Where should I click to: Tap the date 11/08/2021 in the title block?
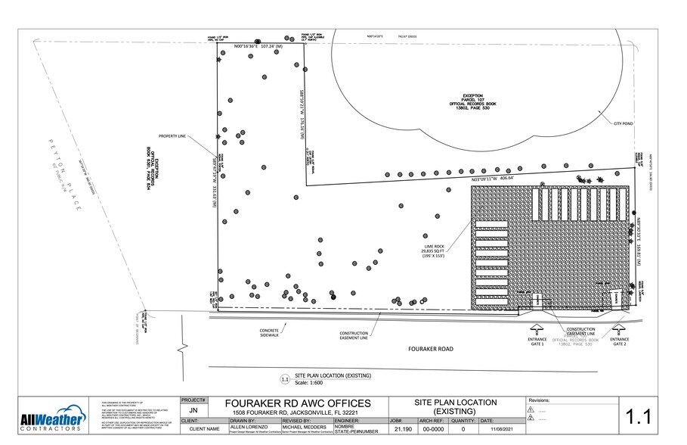501,429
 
